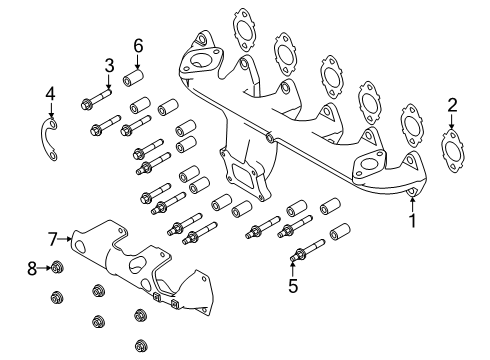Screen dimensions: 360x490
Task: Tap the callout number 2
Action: tap(452, 105)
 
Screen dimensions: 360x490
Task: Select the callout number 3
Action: tap(108, 67)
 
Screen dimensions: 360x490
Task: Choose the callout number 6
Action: tap(138, 45)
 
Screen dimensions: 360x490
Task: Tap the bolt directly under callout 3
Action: tap(95, 101)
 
